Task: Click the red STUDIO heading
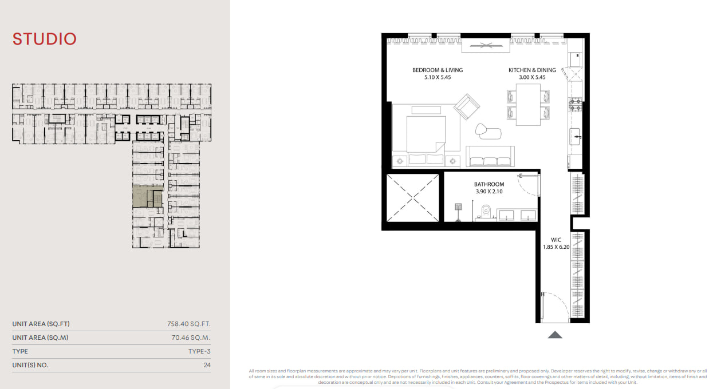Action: (x=44, y=39)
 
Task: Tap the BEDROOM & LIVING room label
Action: (x=438, y=70)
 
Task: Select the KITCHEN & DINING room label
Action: (x=532, y=70)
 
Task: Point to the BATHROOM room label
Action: (x=489, y=184)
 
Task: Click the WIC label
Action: (x=556, y=240)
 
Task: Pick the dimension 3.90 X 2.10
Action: (x=489, y=192)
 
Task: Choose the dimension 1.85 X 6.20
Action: (x=556, y=247)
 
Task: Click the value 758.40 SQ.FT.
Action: (x=189, y=324)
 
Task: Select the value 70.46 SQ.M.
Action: (x=191, y=338)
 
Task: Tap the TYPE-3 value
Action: (x=199, y=351)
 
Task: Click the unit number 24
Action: (x=207, y=365)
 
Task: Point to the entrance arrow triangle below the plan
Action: (x=555, y=335)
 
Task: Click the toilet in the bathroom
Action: (x=486, y=212)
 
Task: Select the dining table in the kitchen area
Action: (x=528, y=105)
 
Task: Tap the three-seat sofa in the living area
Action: (x=490, y=156)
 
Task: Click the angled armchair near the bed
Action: (x=467, y=106)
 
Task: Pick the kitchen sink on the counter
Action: (x=574, y=137)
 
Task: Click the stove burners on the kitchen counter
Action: (x=576, y=105)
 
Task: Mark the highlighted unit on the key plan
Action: (x=148, y=196)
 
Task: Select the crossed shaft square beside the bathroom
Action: (x=412, y=198)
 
